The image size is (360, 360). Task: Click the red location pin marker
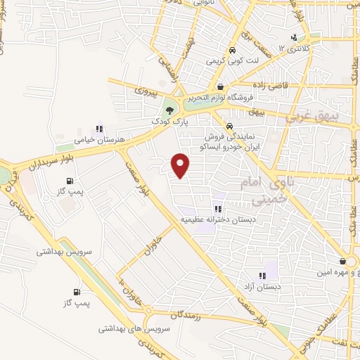(181, 165)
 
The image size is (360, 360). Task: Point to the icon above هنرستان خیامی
(100, 129)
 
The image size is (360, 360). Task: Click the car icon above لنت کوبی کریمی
(231, 51)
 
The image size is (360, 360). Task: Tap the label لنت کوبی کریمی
(231, 62)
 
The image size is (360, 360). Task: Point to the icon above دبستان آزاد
(262, 276)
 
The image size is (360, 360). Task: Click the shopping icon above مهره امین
(342, 261)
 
